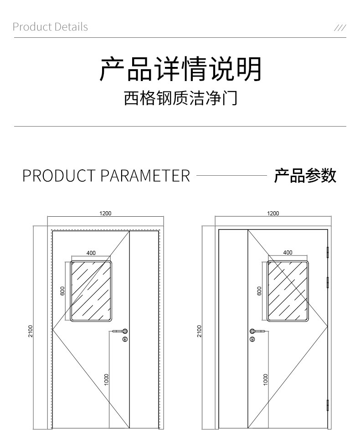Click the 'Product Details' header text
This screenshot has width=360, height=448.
[x=50, y=27]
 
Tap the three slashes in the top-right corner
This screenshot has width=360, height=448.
[x=340, y=27]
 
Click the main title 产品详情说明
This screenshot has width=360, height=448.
[x=180, y=70]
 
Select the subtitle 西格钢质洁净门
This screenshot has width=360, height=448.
[x=180, y=98]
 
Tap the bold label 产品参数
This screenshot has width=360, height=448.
[x=305, y=175]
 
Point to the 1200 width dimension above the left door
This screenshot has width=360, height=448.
[x=105, y=214]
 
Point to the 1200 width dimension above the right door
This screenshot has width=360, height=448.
[x=273, y=214]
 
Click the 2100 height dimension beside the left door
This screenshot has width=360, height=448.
[x=31, y=331]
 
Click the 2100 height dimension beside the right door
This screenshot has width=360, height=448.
[x=199, y=331]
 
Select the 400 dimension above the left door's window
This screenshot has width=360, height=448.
[x=91, y=253]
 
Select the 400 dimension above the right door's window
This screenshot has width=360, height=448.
[x=288, y=253]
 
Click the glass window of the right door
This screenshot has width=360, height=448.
[x=288, y=291]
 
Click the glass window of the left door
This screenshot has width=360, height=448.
[x=91, y=291]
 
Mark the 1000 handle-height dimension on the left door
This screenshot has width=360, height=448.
[x=106, y=379]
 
